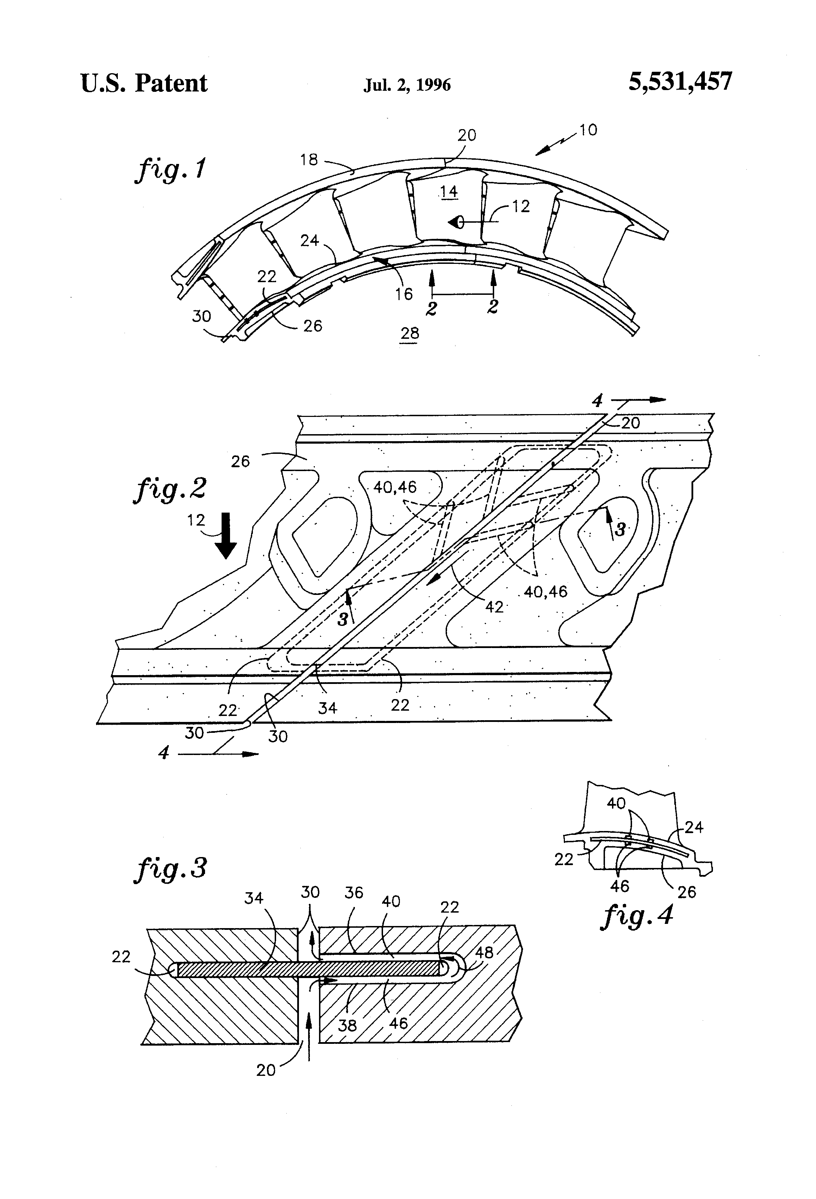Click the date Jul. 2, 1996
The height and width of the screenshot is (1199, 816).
point(407,84)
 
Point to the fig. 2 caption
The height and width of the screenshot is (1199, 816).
point(170,489)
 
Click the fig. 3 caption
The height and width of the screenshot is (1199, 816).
point(170,868)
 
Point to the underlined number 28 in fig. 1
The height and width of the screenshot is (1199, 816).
point(410,333)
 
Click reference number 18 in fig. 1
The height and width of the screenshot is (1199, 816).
point(309,160)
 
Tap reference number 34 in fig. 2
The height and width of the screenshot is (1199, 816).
point(327,707)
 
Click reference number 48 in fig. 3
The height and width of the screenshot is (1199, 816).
point(484,952)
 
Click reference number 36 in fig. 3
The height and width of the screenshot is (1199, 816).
point(354,893)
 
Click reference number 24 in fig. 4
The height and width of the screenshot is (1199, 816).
point(694,827)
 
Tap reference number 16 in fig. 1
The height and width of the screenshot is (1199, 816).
point(404,294)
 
